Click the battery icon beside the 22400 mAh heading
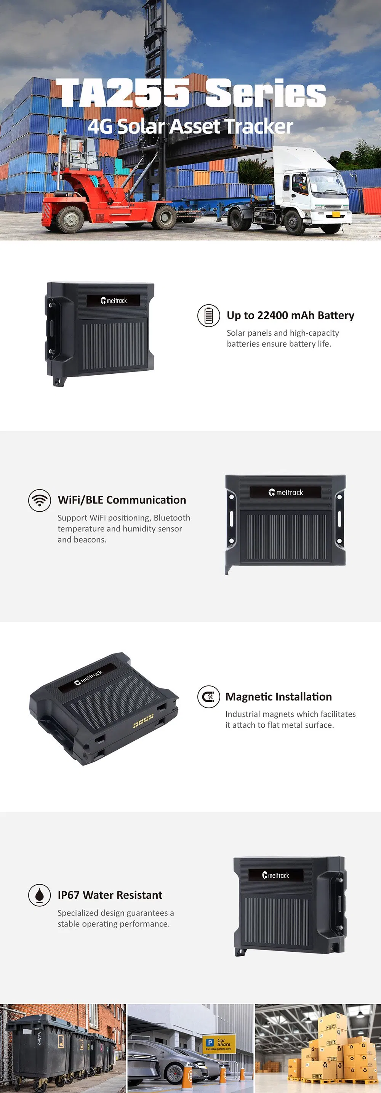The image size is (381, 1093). [x=208, y=316]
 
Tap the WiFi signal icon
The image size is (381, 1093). [x=40, y=500]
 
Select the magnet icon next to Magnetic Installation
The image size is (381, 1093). [x=208, y=697]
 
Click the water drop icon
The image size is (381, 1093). [x=40, y=895]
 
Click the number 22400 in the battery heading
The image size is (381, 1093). [x=272, y=315]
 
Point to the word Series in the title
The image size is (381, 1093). [x=266, y=93]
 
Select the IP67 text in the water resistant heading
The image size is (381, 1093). [x=68, y=895]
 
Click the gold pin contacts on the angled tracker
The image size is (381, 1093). [x=143, y=720]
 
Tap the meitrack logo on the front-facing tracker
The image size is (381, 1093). [x=285, y=492]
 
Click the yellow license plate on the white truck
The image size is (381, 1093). [x=336, y=214]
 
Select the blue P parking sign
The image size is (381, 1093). [x=210, y=1042]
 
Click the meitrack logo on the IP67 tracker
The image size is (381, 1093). [x=276, y=875]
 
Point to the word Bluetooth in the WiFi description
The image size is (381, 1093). [x=171, y=518]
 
